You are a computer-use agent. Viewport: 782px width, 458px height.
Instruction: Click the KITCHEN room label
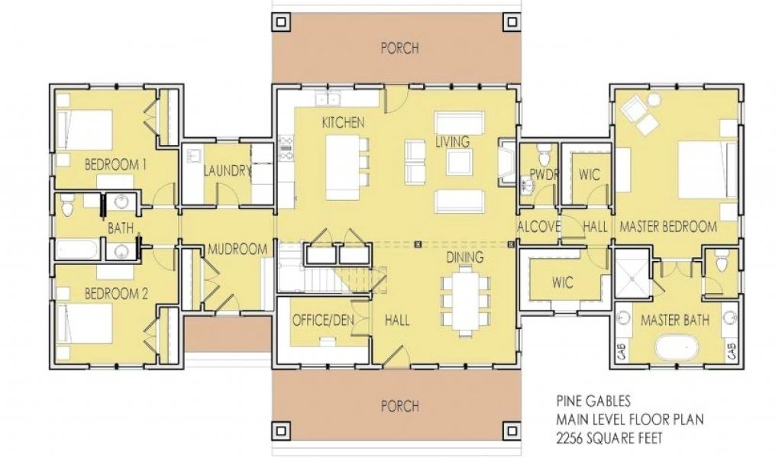343,122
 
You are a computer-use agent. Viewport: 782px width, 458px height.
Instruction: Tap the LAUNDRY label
227,171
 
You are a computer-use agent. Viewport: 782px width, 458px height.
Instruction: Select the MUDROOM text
238,249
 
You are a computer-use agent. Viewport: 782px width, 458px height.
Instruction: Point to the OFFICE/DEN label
323,320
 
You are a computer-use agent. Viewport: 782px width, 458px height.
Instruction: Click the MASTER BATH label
675,320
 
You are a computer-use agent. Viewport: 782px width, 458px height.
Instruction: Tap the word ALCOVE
538,227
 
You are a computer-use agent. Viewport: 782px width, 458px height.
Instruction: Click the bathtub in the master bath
677,347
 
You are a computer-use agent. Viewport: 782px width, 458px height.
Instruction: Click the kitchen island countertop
343,167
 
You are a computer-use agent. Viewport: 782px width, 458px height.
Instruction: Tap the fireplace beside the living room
507,163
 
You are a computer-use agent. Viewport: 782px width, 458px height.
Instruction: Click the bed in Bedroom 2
84,324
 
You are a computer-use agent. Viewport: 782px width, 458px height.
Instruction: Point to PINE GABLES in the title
593,401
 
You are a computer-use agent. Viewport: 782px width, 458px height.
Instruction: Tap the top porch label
400,48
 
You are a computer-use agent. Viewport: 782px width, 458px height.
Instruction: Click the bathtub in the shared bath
77,249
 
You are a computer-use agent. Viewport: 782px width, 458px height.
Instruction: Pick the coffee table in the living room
459,162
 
